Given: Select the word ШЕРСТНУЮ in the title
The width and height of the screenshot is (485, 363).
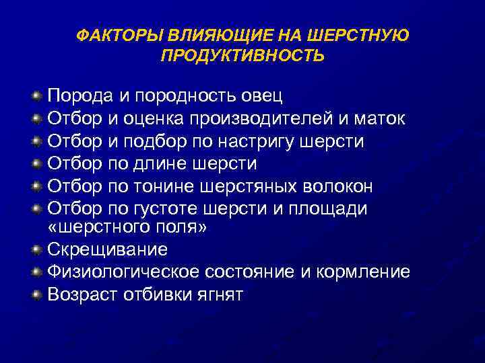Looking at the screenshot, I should coord(362,34).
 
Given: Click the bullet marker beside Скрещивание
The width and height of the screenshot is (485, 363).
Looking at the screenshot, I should coord(37,249).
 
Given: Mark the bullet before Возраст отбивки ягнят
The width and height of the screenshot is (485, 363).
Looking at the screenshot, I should coord(37,294).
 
